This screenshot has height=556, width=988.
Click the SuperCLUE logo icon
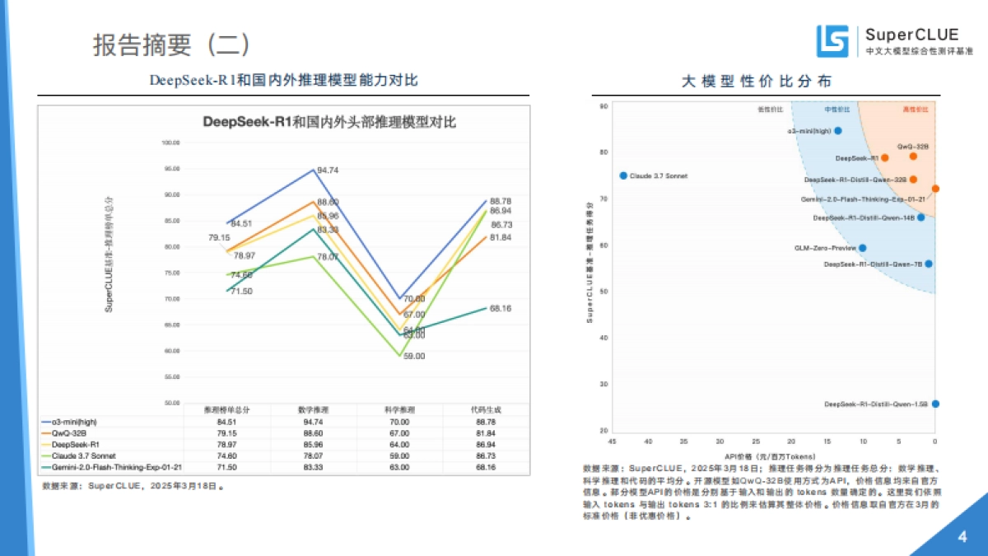click(832, 41)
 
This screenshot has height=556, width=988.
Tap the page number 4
click(962, 537)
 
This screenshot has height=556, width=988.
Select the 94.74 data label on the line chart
click(328, 171)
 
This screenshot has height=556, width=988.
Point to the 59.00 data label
click(413, 357)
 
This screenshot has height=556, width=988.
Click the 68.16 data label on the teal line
click(501, 308)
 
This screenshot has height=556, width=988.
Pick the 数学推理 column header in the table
click(314, 409)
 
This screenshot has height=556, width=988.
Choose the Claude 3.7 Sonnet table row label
click(83, 455)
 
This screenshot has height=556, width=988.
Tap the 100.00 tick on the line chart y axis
click(170, 143)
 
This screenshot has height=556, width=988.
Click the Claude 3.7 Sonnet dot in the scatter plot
click(623, 175)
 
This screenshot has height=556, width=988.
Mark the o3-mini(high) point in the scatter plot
click(838, 130)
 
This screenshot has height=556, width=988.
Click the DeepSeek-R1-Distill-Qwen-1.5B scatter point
click(935, 404)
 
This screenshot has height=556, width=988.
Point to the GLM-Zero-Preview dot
click(862, 247)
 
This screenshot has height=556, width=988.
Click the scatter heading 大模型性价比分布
click(756, 81)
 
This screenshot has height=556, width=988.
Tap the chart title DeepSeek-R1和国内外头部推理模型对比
click(329, 122)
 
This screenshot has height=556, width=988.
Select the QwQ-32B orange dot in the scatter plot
click(913, 156)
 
